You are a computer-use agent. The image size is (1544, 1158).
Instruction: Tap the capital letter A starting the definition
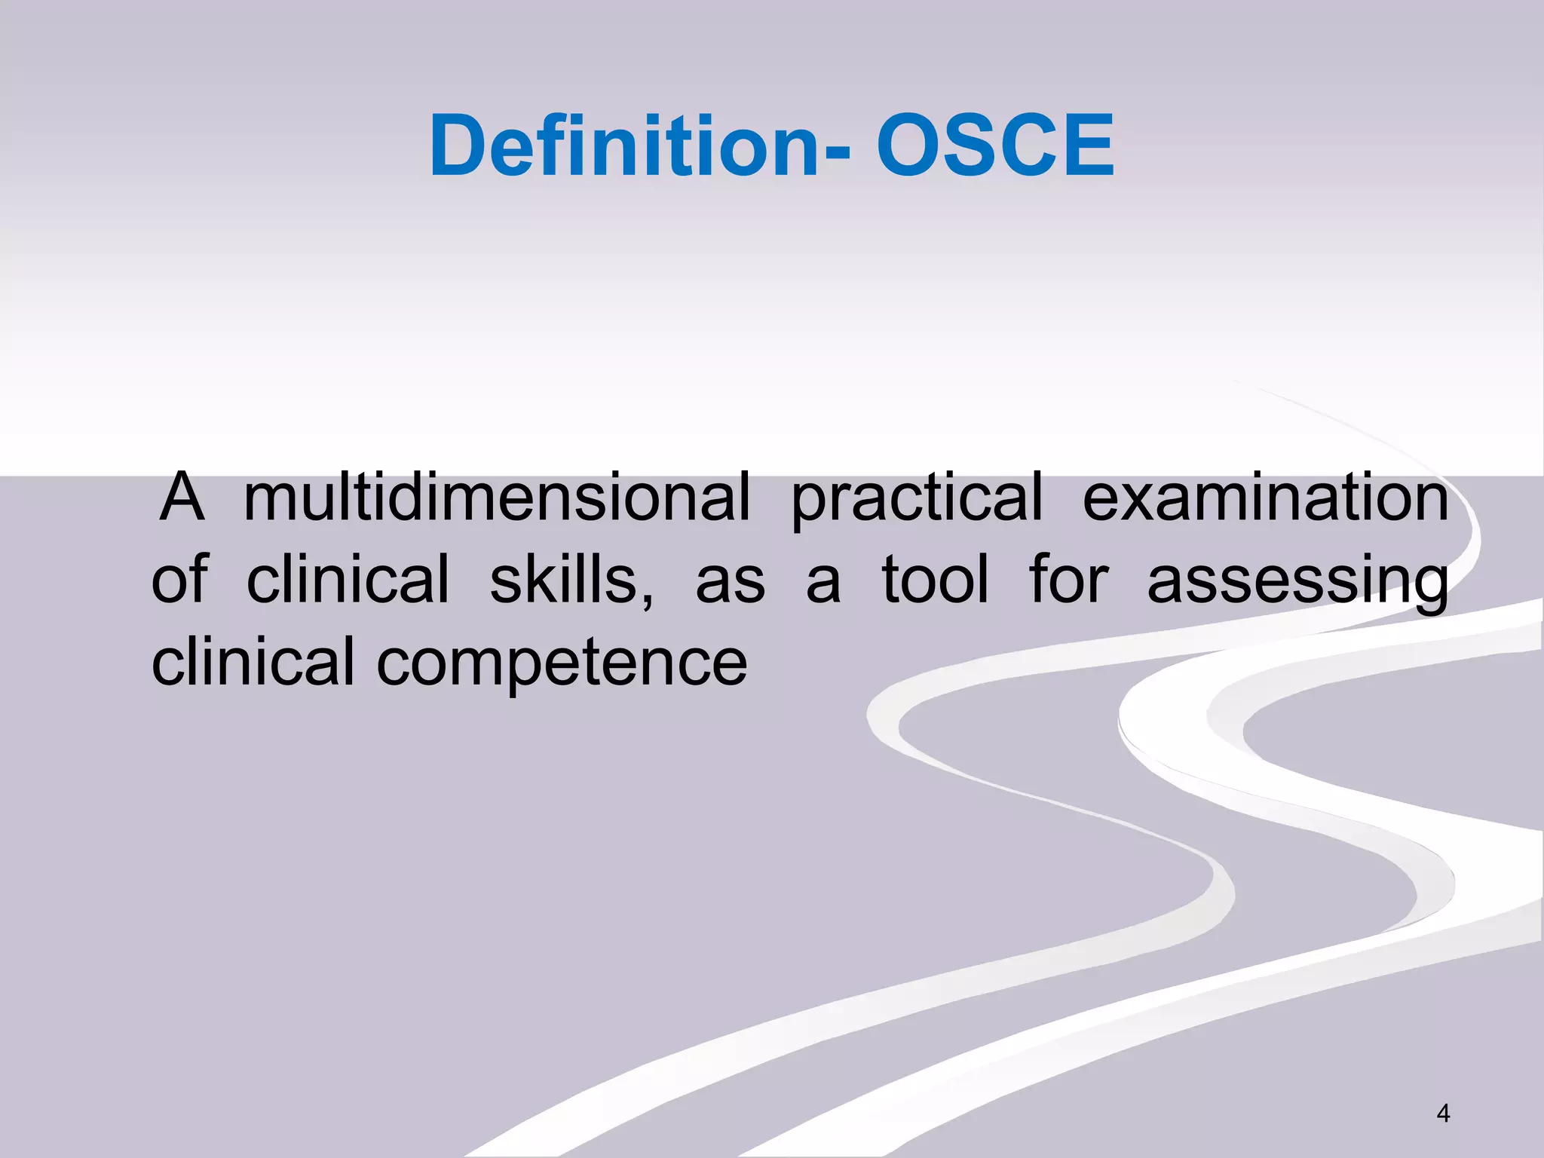coord(182,497)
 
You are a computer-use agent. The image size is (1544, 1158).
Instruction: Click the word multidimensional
coord(497,497)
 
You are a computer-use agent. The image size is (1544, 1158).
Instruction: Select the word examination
coord(1265,497)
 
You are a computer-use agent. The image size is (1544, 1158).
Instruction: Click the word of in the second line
coord(179,579)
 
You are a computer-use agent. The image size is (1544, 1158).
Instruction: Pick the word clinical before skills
coord(348,579)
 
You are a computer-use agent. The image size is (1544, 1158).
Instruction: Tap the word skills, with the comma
coord(571,579)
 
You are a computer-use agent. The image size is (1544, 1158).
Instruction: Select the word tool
coord(935,579)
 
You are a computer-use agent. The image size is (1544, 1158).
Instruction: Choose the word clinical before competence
coord(253,661)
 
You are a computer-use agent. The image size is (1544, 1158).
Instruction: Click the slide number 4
coord(1443,1113)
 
